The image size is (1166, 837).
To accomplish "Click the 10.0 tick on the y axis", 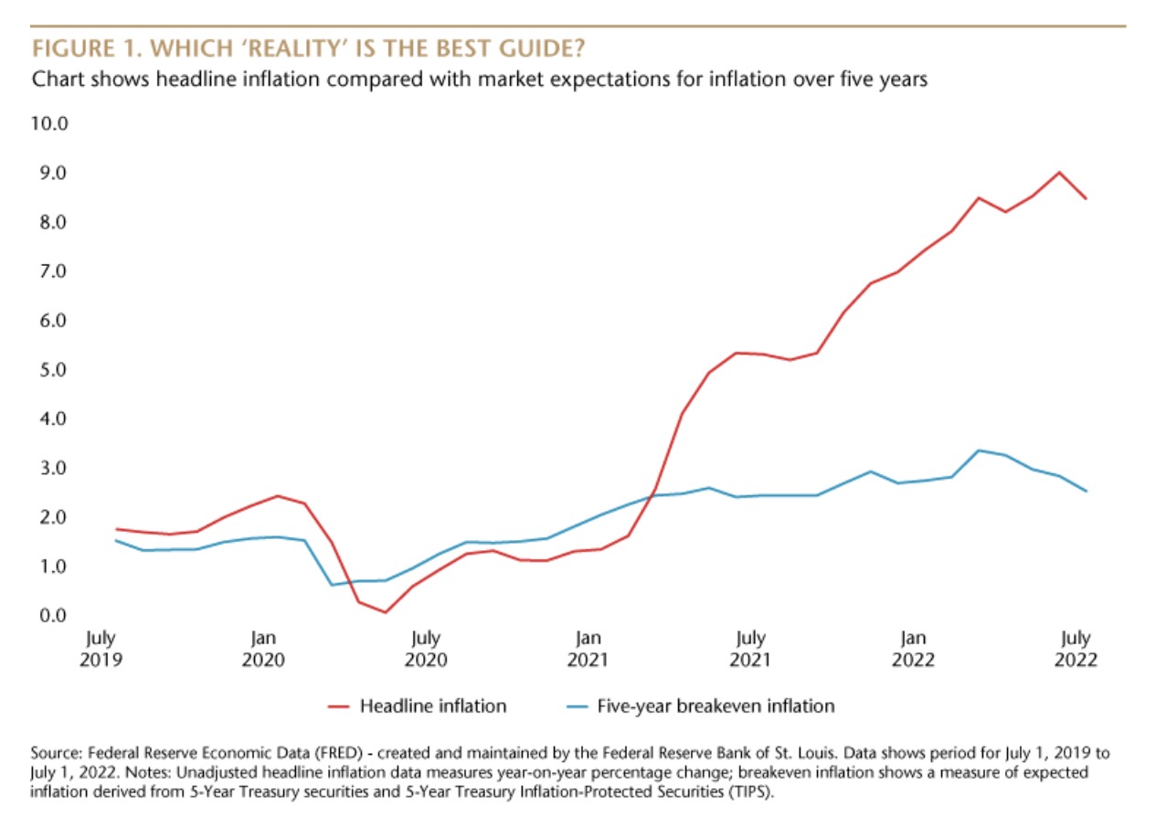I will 50,123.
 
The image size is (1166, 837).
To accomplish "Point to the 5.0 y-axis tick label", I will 50,370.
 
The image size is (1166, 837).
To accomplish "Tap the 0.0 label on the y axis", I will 50,615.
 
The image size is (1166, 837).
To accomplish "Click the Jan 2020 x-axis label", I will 262,649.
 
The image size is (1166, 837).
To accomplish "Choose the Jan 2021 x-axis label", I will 588,649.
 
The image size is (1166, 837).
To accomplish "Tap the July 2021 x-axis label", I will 751,649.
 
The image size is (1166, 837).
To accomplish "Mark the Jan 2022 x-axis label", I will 914,649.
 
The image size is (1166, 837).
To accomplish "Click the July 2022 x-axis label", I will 1076,649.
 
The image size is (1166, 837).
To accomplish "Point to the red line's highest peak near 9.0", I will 1059,172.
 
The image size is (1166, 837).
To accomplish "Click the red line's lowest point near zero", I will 386,612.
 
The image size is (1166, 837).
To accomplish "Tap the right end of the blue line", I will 1086,492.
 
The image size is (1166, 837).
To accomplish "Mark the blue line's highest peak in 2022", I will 979,450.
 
